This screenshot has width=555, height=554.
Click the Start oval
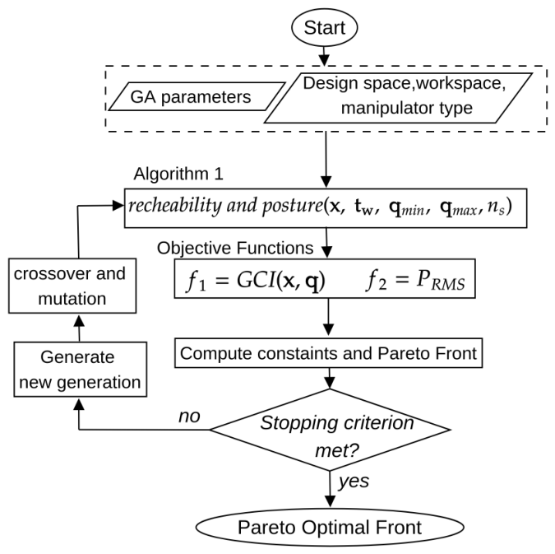point(324,28)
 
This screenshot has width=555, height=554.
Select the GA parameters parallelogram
point(197,96)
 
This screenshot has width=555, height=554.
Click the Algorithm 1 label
point(178,174)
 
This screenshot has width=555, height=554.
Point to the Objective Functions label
point(235,248)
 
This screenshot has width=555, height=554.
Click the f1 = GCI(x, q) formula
point(256,280)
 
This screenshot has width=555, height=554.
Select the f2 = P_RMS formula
point(415,280)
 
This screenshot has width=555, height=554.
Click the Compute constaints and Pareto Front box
point(328,353)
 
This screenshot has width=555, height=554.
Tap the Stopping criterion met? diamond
point(330,430)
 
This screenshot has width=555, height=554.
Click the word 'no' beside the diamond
point(189,417)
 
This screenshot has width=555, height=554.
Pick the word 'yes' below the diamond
point(354,482)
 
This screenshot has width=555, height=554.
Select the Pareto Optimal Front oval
point(330,527)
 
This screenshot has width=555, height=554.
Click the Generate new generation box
point(81,370)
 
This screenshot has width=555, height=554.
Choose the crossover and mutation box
point(72,286)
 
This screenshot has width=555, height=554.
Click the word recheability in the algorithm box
point(175,205)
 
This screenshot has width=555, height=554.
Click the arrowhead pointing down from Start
point(324,60)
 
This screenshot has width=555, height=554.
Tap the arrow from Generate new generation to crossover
point(79,328)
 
